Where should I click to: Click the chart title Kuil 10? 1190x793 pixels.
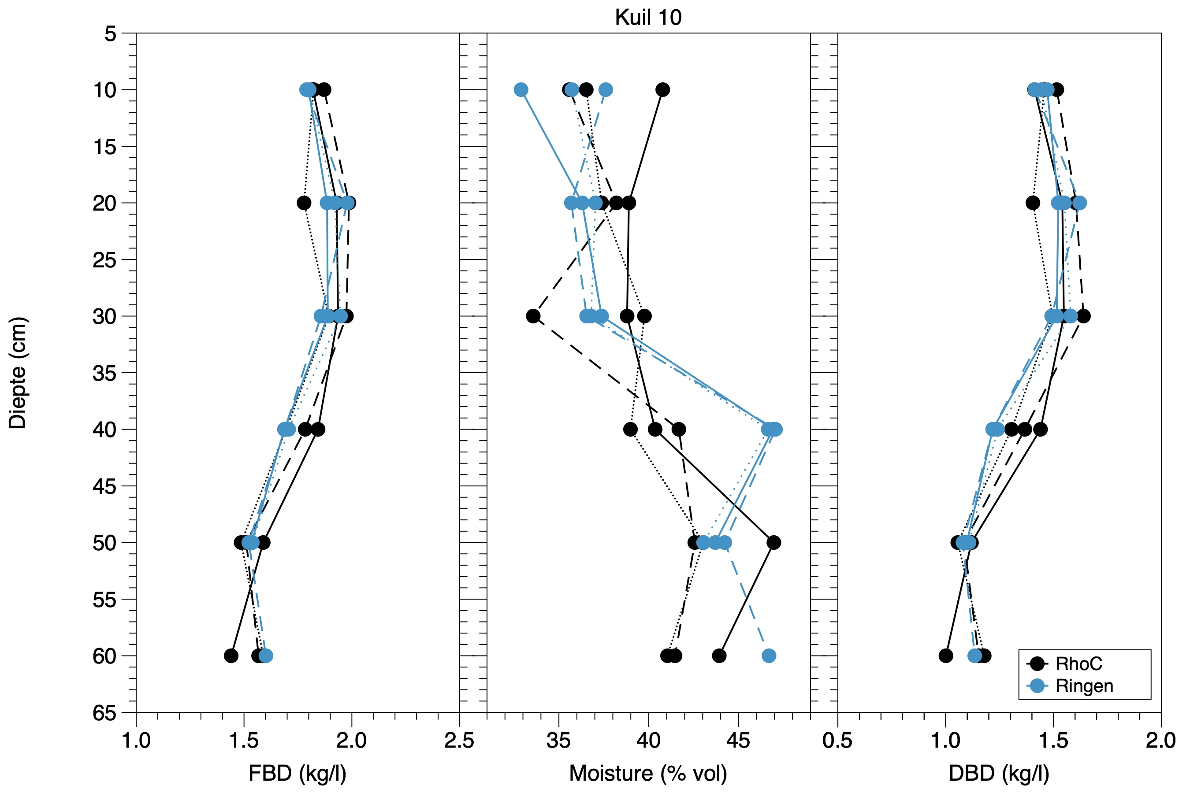648,18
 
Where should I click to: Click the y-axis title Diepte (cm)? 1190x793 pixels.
18,373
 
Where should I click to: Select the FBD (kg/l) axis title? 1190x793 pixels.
297,773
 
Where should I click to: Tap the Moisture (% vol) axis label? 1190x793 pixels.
648,773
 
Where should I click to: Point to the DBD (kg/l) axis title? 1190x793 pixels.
999,773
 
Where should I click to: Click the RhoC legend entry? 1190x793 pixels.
1078,663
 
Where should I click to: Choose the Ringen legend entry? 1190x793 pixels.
1084,686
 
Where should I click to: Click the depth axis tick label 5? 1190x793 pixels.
110,34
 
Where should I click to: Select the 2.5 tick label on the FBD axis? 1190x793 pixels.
459,741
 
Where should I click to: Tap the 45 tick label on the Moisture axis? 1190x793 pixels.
738,741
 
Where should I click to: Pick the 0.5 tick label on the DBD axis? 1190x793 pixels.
837,741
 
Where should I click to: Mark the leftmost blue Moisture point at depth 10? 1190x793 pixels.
521,90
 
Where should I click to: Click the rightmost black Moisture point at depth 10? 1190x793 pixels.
663,90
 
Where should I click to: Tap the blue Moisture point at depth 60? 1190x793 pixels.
769,656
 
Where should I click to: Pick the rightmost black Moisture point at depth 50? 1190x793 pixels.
773,543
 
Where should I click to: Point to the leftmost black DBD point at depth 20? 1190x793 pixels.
1033,203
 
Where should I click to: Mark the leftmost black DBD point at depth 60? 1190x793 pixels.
946,656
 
